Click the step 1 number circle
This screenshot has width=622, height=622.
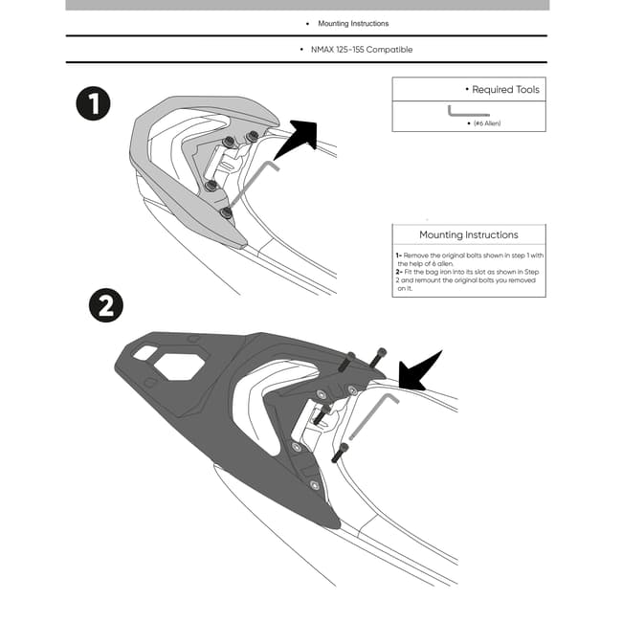(x=93, y=103)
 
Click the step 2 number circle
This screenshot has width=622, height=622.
(x=105, y=305)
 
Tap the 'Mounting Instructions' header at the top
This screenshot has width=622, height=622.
(x=353, y=23)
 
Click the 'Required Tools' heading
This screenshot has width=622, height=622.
(x=506, y=90)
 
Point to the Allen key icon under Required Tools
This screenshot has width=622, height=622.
(x=468, y=112)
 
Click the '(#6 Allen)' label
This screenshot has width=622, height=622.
(x=486, y=123)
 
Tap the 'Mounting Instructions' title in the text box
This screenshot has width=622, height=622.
(x=469, y=234)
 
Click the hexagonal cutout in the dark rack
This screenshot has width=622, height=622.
(x=181, y=365)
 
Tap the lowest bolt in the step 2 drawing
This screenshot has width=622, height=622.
(x=338, y=453)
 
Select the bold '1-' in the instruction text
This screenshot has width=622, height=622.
(x=398, y=256)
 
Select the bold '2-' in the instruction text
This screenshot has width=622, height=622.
(x=398, y=273)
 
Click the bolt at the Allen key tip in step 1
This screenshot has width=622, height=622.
(x=226, y=212)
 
